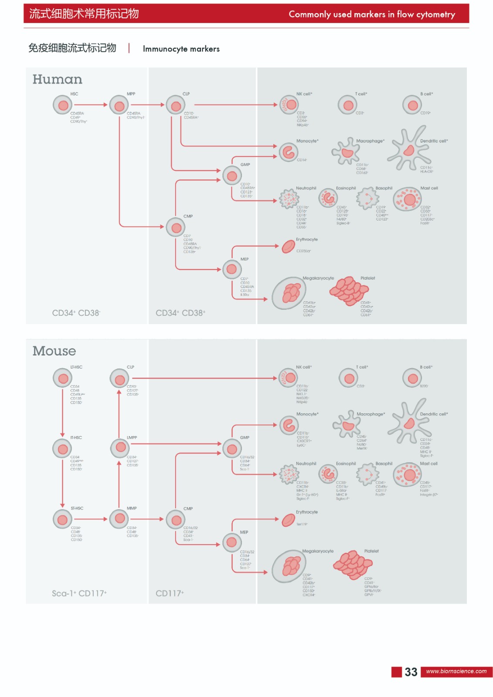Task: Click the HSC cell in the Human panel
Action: [x=63, y=105]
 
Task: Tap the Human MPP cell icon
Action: [x=119, y=105]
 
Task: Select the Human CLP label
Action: [x=186, y=94]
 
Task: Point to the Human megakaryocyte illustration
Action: [x=289, y=293]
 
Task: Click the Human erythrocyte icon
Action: [x=288, y=247]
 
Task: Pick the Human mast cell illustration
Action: [x=407, y=200]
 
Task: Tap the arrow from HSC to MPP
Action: [x=90, y=105]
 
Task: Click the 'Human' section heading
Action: [x=57, y=79]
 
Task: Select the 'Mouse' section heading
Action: [x=54, y=351]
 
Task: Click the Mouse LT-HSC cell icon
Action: [x=63, y=378]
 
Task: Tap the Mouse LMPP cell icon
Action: [x=120, y=448]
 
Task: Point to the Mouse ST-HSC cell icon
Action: [x=63, y=519]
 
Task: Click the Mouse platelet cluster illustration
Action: [x=353, y=565]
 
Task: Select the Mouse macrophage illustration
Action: [x=347, y=425]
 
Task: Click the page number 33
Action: [x=411, y=672]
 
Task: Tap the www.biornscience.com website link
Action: [x=456, y=671]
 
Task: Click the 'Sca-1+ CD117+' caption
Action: [x=79, y=593]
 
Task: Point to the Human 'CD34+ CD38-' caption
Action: [x=76, y=313]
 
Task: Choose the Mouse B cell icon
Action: [x=412, y=378]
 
